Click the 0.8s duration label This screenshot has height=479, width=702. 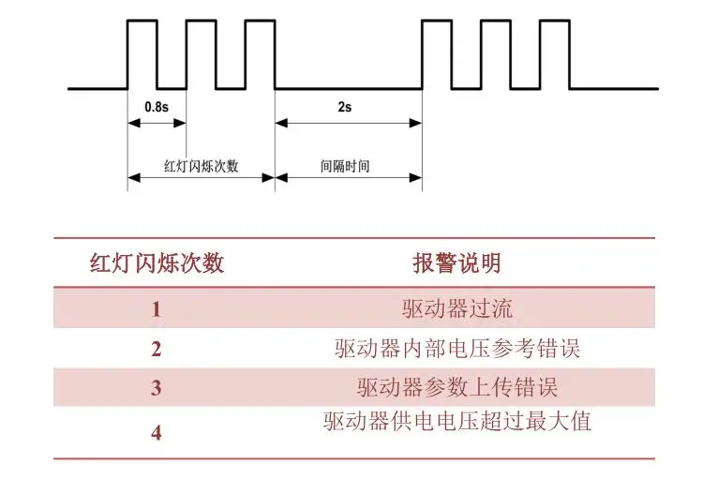pyautogui.click(x=157, y=107)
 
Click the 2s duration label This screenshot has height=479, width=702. pyautogui.click(x=345, y=107)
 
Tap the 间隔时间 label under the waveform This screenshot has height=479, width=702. pyautogui.click(x=345, y=166)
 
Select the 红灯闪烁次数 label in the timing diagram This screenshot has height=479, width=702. pyautogui.click(x=201, y=166)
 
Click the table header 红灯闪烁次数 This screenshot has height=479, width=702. pyautogui.click(x=157, y=262)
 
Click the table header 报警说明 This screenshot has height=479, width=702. pyautogui.click(x=456, y=262)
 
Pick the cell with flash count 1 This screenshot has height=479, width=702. pyautogui.click(x=156, y=309)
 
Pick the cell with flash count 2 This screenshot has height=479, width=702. pyautogui.click(x=156, y=349)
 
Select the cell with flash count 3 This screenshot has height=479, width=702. pyautogui.click(x=156, y=388)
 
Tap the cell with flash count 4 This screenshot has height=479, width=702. pyautogui.click(x=156, y=432)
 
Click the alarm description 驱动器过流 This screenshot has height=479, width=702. pyautogui.click(x=457, y=308)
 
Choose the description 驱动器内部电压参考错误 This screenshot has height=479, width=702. pyautogui.click(x=457, y=349)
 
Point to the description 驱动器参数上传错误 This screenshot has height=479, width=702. pyautogui.click(x=457, y=387)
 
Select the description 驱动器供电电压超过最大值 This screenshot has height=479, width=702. pyautogui.click(x=457, y=421)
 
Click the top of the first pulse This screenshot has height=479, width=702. pyautogui.click(x=142, y=21)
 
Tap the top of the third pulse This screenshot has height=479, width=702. pyautogui.click(x=261, y=21)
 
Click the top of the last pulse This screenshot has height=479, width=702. pyautogui.click(x=555, y=21)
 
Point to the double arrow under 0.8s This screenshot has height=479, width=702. pyautogui.click(x=157, y=123)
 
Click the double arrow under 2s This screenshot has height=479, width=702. pyautogui.click(x=349, y=123)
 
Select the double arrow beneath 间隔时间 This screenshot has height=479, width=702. pyautogui.click(x=349, y=178)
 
